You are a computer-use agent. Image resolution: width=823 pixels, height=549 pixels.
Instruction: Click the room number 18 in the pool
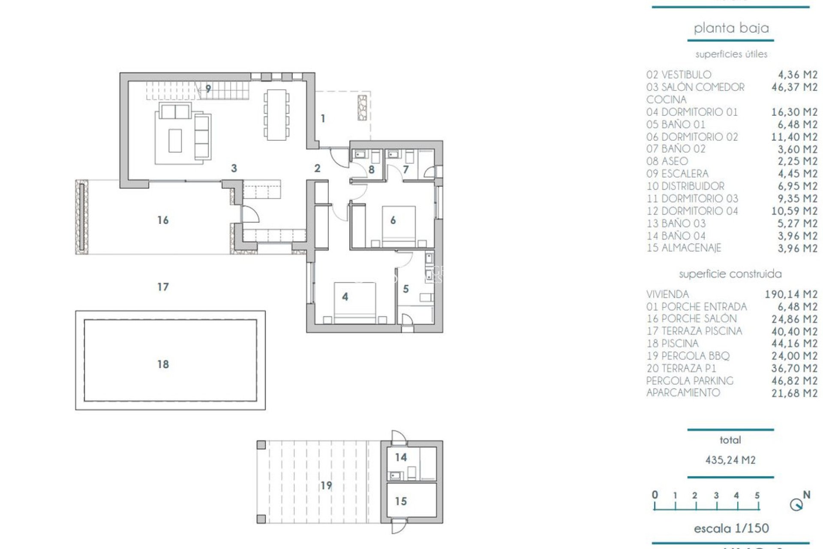163,364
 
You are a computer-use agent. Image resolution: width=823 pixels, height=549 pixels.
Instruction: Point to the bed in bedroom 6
399,226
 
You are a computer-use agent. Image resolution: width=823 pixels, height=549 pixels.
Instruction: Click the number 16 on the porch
163,220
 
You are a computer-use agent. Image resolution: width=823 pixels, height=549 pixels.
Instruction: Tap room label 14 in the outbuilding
401,457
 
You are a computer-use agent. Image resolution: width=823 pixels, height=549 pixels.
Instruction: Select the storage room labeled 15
411,501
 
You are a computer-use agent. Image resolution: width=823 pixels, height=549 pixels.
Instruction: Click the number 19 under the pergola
326,486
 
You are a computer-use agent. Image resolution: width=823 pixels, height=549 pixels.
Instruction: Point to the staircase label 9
208,89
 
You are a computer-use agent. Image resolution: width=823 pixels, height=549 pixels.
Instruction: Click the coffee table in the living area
175,141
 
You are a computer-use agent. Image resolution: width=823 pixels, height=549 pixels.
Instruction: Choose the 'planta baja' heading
731,28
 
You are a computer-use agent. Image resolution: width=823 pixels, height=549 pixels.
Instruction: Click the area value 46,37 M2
794,87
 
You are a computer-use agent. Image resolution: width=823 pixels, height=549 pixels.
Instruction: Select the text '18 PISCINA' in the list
673,344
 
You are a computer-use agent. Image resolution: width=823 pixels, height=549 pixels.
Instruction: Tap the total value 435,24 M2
730,460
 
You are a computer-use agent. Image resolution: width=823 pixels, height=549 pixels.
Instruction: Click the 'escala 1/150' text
731,528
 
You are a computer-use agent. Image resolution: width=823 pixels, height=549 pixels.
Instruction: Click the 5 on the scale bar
757,495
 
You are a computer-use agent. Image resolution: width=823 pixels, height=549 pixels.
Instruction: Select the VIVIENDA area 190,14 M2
791,294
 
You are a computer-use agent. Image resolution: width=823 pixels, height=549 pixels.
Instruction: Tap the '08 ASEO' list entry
667,161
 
